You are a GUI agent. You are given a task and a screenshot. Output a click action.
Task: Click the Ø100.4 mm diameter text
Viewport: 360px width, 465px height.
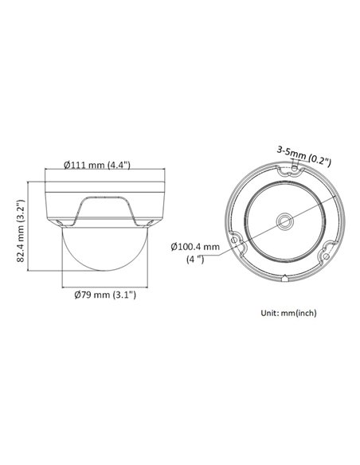[195, 246]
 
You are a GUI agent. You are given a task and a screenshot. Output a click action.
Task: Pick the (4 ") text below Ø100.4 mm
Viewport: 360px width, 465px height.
[195, 260]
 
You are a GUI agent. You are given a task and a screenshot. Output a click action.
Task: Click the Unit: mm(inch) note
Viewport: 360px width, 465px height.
[288, 313]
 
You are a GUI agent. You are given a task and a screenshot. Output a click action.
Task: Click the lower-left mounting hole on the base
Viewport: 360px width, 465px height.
[232, 237]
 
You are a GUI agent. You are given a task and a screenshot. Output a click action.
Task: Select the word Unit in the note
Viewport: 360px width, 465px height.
[269, 313]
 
